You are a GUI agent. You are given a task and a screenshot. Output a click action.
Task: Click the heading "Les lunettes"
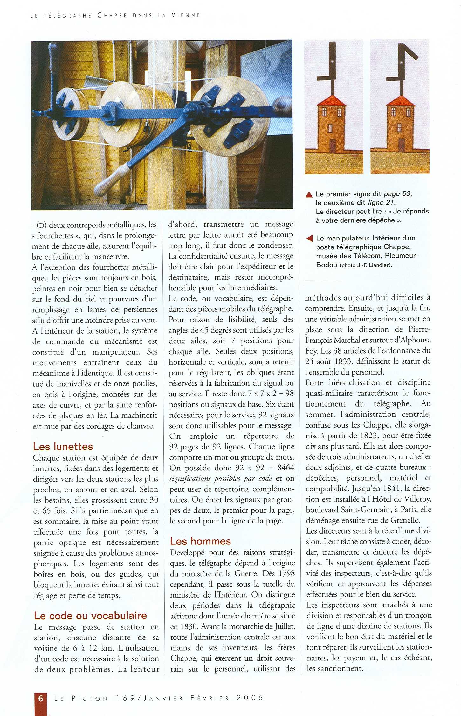pyautogui.click(x=63, y=447)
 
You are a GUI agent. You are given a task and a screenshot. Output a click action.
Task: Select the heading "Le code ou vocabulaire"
pyautogui.click(x=90, y=616)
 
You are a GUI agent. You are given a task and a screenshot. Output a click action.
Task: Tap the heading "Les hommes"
pyautogui.click(x=200, y=541)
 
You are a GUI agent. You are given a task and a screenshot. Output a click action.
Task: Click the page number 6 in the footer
pyautogui.click(x=41, y=698)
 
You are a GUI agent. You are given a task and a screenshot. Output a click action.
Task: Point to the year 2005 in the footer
pyautogui.click(x=250, y=698)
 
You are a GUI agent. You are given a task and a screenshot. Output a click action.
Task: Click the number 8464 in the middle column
pyautogui.click(x=286, y=468)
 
